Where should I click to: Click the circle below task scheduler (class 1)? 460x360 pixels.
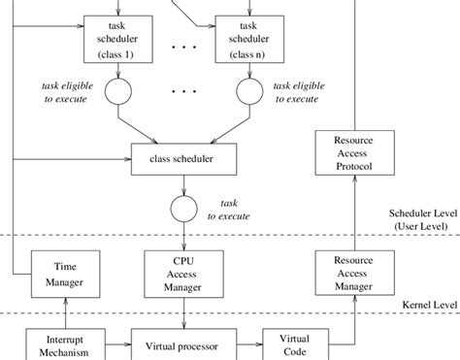point(117,91)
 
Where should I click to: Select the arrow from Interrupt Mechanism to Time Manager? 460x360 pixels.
point(62,311)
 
